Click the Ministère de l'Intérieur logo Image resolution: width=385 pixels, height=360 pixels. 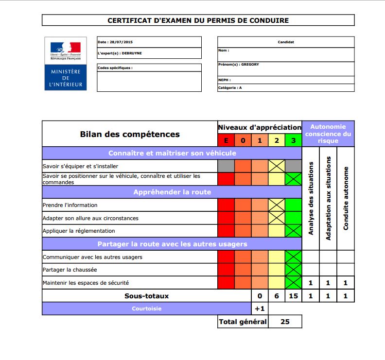coord(68,63)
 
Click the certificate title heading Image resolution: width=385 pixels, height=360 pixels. coord(198,20)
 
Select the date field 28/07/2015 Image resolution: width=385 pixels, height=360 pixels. coord(149,42)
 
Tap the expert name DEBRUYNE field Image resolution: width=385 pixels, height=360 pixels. coord(149,53)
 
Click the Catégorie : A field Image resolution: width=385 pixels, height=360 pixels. coord(286,88)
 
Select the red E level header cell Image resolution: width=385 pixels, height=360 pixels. coord(226,140)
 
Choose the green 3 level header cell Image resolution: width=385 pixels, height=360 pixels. coord(293,140)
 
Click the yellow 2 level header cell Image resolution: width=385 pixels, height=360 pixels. coord(277,140)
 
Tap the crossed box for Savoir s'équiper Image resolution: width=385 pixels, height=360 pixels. coord(277,166)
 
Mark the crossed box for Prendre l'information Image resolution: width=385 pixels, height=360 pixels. coord(277,205)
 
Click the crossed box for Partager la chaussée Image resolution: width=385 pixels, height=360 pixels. coord(293,270)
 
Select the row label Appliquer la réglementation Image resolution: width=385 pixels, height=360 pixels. coord(79,231)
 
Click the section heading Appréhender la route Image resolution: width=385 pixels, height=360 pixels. coord(172,192)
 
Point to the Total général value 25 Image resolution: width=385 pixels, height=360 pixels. coord(285,322)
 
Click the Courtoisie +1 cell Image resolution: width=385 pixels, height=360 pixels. coord(260,309)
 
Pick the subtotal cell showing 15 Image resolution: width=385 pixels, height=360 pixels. coord(293,296)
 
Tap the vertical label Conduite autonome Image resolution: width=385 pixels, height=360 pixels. coord(346,198)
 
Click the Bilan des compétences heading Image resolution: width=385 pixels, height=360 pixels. coord(130,134)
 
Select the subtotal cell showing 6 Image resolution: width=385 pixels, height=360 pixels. coord(277,296)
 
